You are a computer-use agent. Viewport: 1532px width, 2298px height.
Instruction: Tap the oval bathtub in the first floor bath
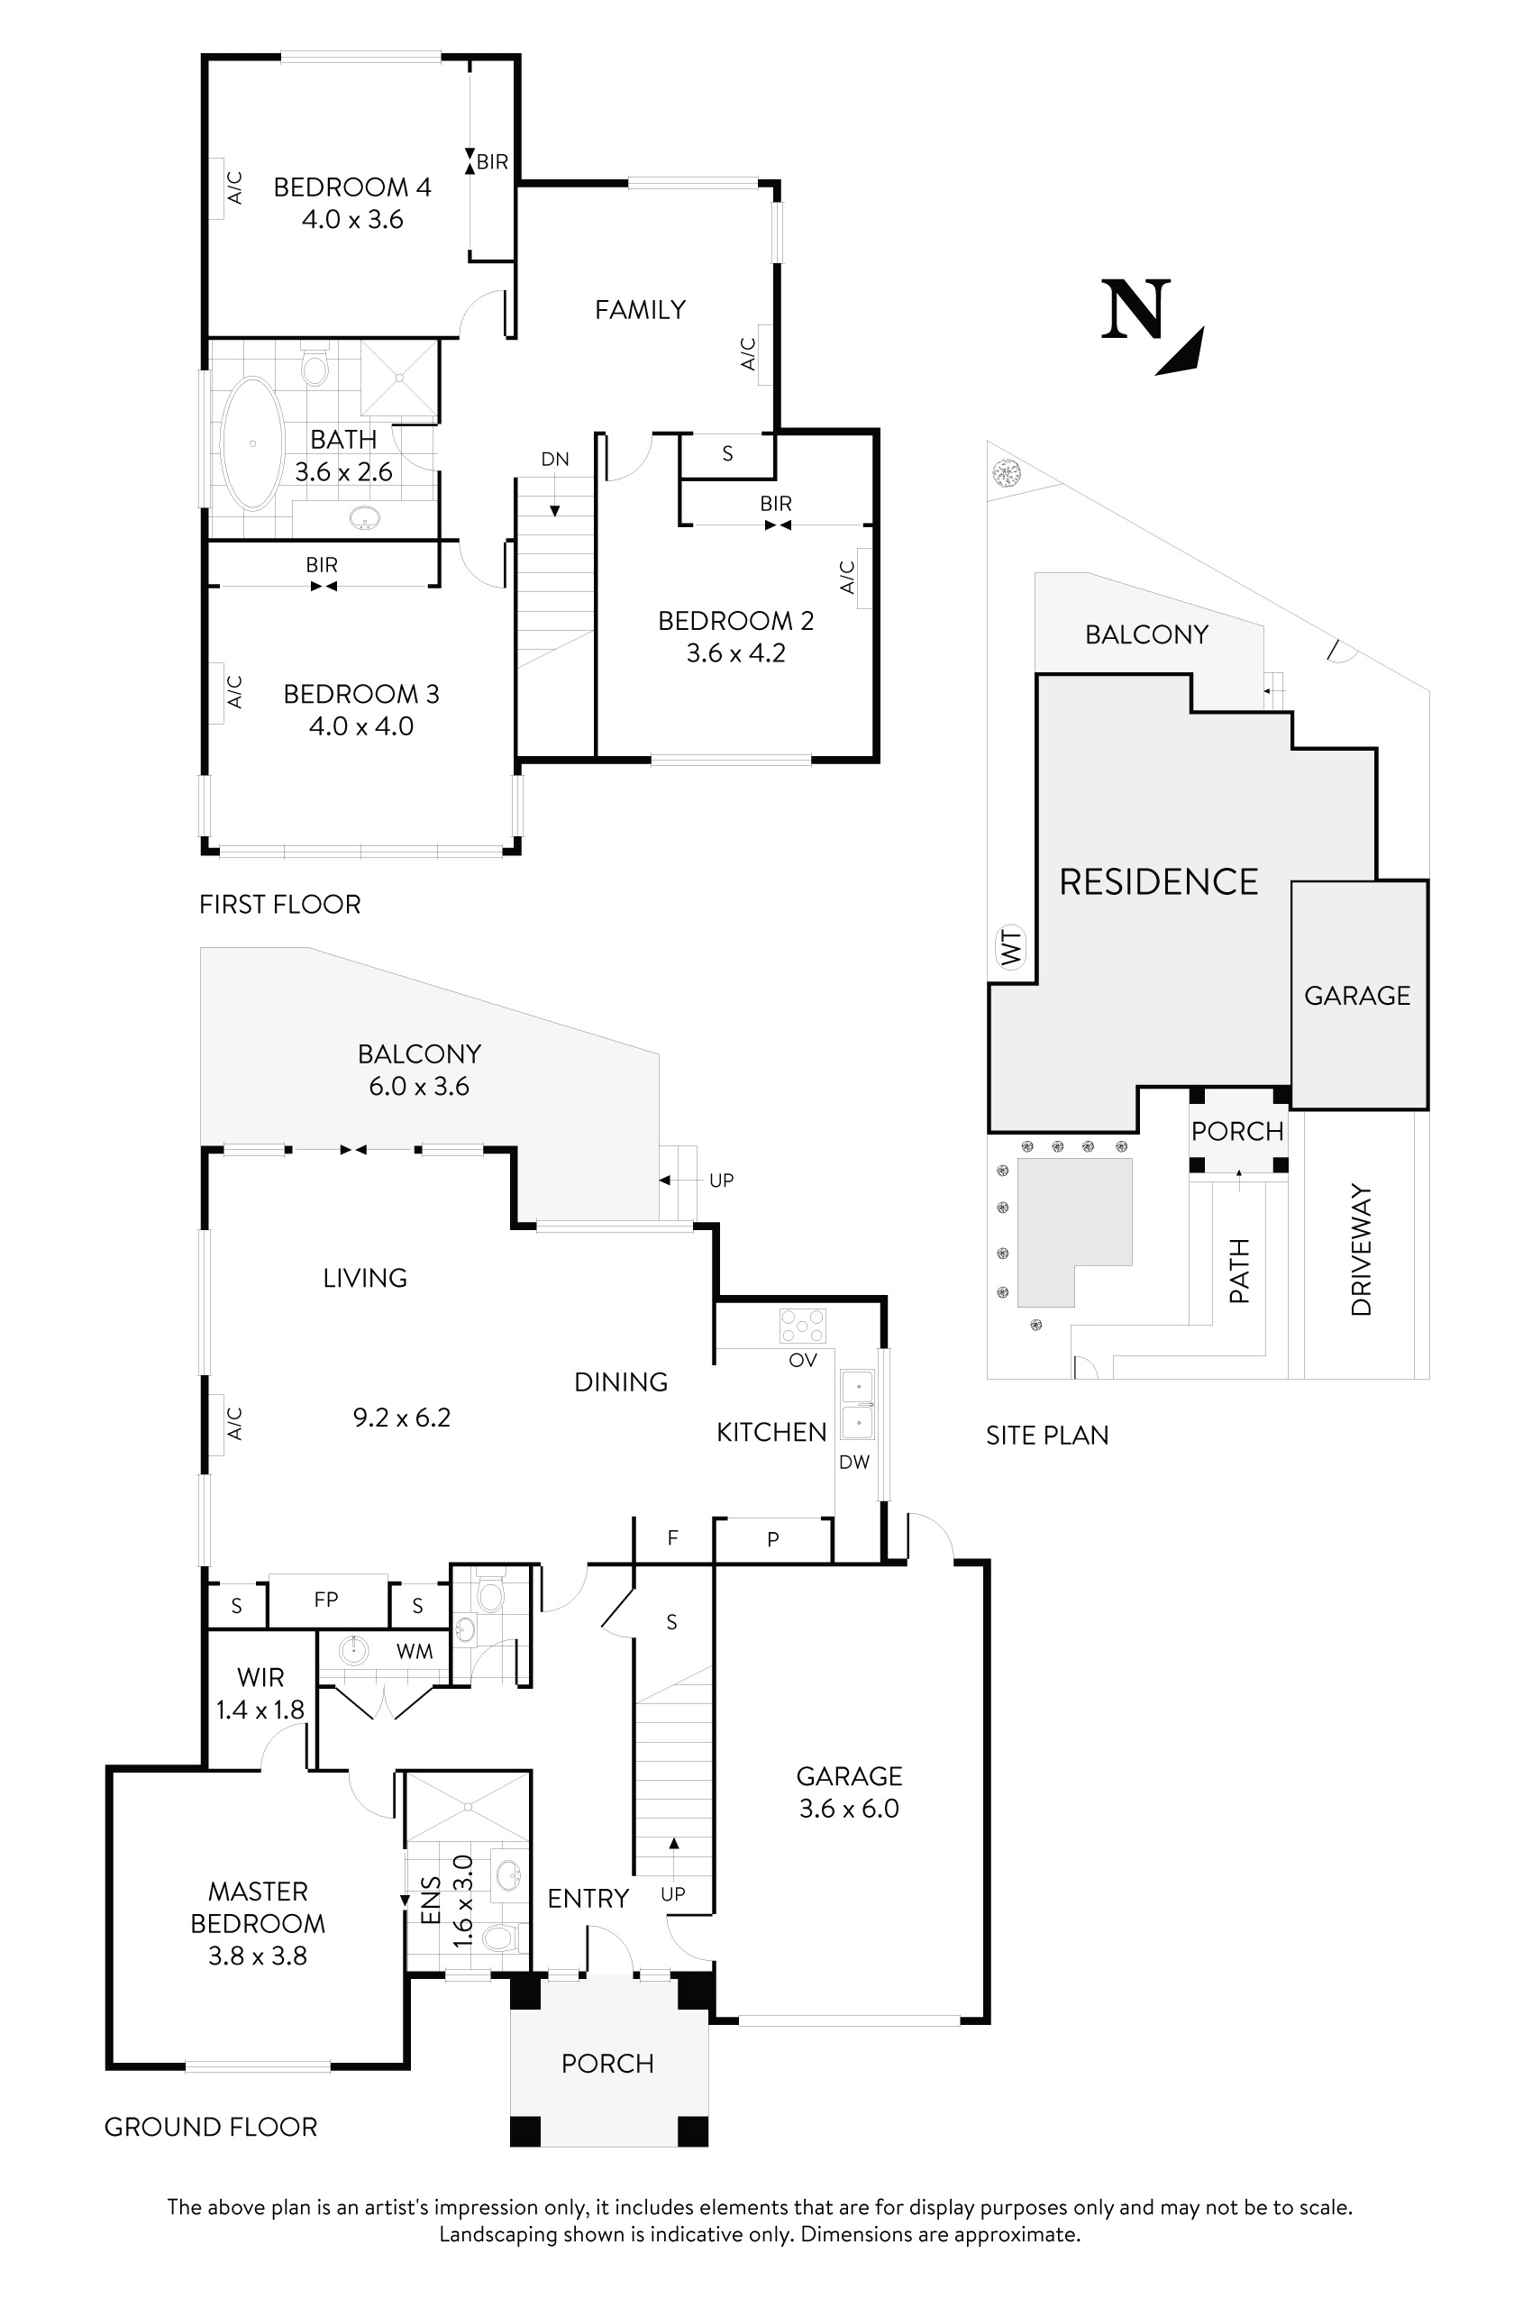coord(252,442)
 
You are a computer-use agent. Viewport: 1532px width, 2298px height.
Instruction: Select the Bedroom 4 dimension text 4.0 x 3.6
coord(352,220)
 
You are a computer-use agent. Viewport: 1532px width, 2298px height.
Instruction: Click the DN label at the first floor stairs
coord(555,460)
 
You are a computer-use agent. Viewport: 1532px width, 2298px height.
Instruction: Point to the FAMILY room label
coord(640,310)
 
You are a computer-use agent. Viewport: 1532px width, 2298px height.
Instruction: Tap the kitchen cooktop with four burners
coord(802,1326)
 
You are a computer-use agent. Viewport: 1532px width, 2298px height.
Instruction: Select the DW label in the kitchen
coord(854,1463)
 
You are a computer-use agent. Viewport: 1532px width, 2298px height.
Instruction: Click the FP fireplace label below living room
coord(326,1600)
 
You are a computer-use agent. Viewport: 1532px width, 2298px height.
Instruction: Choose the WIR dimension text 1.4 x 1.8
coord(260,1710)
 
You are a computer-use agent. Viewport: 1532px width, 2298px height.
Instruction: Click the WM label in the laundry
coord(415,1651)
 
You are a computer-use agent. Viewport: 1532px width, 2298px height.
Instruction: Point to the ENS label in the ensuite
coord(431,1901)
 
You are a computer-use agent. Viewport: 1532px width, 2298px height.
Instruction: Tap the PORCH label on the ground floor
coord(606,2064)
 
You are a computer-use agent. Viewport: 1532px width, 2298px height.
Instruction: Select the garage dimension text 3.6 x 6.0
coord(849,1809)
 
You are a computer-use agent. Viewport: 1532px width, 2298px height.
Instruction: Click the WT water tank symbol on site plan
coord(1012,948)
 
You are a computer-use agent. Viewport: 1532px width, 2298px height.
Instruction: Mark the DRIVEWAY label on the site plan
coord(1361,1251)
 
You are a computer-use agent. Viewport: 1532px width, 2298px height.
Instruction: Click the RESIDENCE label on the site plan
coord(1159,882)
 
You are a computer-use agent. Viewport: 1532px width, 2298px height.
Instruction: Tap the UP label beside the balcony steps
coord(721,1181)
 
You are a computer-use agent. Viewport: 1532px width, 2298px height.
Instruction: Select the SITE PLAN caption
coord(1047,1436)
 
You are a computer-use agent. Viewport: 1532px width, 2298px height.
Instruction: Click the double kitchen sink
coord(858,1404)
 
